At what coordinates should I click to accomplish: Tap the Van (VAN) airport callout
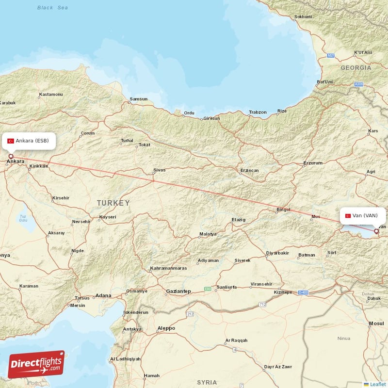[362, 215]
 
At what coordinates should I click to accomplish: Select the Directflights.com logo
[36, 364]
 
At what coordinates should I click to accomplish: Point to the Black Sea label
[52, 8]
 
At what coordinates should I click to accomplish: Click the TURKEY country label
[113, 203]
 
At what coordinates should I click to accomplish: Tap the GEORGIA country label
[356, 68]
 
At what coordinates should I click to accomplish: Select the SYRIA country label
[207, 383]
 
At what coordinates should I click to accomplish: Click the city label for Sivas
[159, 170]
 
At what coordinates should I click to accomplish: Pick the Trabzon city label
[258, 112]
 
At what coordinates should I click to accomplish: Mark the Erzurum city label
[312, 163]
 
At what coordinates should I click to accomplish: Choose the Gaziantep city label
[178, 291]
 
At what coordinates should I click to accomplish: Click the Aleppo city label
[166, 328]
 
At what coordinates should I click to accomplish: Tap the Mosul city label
[376, 323]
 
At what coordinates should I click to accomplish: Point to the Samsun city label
[138, 99]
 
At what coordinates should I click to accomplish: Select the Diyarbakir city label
[277, 253]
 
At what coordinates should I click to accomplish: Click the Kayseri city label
[108, 217]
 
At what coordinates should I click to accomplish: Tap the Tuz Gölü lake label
[23, 217]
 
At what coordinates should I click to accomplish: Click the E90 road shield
[208, 289]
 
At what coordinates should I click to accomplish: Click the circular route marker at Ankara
[11, 156]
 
